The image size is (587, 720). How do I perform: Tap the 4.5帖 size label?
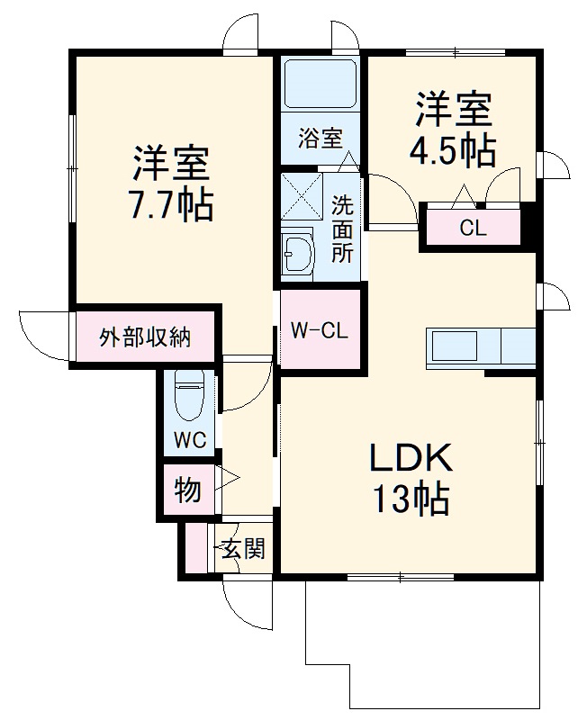click(453, 150)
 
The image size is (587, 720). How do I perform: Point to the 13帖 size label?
click(411, 499)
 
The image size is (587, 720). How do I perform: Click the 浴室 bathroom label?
click(321, 138)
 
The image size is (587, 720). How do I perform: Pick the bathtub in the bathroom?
click(321, 85)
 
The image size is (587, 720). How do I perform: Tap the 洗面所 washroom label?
click(343, 229)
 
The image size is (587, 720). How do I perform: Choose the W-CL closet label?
click(319, 330)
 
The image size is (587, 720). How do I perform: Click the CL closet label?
click(473, 229)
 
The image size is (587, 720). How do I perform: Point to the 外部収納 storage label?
click(145, 338)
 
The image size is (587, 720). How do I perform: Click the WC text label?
click(190, 440)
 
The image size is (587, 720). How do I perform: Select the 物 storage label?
click(186, 491)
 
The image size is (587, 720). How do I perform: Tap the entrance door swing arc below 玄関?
click(245, 606)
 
